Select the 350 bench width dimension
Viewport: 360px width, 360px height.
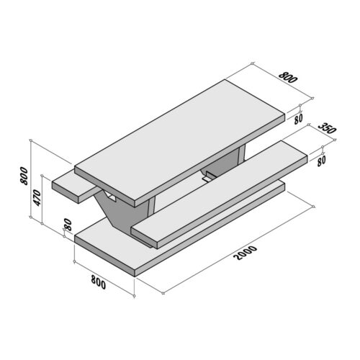point(327,130)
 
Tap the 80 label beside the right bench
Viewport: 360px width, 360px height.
point(321,161)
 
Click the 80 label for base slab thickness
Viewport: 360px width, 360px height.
point(68,225)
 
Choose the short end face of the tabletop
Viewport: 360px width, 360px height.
point(109,187)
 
